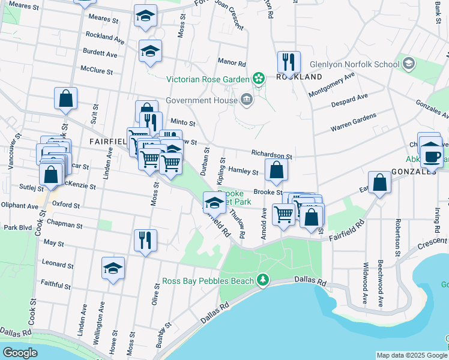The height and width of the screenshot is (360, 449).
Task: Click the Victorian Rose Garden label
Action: (x=207, y=79)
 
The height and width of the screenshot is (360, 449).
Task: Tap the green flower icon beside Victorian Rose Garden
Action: (x=259, y=79)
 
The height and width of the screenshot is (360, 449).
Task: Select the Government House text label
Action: (x=201, y=100)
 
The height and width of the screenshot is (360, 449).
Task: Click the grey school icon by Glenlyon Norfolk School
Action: (x=409, y=64)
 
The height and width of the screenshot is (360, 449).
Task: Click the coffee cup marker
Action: (x=432, y=155)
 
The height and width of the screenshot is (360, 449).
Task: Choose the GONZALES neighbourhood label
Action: (x=413, y=172)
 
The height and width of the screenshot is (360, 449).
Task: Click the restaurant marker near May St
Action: (x=145, y=241)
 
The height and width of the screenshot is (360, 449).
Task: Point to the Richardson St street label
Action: (x=271, y=154)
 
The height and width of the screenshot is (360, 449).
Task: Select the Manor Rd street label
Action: (x=232, y=62)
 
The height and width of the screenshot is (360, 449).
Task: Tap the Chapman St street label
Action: (x=63, y=225)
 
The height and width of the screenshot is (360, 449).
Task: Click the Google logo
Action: (x=20, y=353)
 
